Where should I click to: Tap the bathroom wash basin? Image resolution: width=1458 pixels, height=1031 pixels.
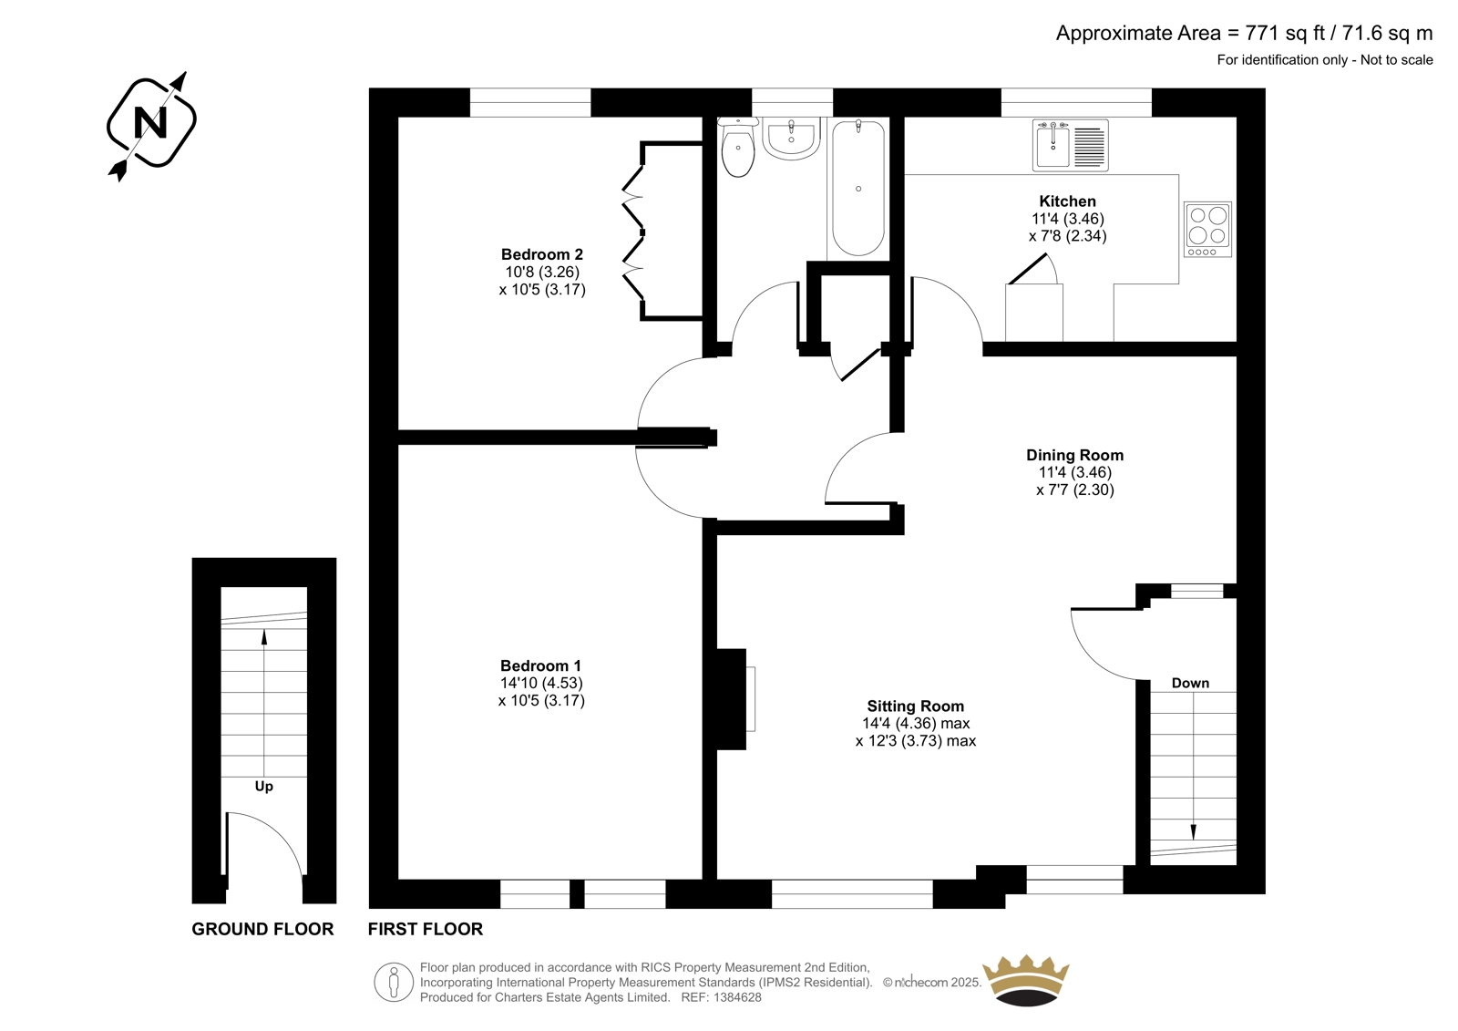pos(791,138)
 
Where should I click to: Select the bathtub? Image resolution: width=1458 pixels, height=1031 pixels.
pos(857,188)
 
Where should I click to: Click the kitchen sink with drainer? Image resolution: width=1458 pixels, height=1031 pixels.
pos(1070,145)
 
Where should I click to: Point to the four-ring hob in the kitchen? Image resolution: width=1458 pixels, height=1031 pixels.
pos(1207,229)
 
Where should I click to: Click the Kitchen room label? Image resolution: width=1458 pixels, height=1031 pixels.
pos(1067,201)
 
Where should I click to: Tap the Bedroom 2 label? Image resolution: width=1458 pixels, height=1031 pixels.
pos(542,254)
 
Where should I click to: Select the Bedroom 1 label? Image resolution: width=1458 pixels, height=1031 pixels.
pos(540,665)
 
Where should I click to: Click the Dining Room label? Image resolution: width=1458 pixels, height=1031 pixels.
pos(1074,455)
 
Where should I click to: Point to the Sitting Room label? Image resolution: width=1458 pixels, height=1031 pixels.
pos(915,706)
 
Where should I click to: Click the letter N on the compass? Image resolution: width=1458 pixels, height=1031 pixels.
pos(150,122)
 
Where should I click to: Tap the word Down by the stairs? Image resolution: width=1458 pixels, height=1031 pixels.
pos(1190,683)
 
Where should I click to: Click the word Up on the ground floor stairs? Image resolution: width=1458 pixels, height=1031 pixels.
pos(263,787)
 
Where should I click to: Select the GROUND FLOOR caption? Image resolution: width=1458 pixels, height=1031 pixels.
pos(262,930)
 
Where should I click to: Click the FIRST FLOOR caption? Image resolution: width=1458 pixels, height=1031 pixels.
pos(425,930)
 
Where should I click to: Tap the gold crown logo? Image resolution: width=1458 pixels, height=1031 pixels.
pos(1026,980)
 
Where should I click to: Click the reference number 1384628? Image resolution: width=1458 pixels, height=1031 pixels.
pos(736,997)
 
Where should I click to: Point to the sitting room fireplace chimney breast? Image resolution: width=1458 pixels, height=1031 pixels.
pos(732,699)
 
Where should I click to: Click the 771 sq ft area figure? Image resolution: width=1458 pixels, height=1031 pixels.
pos(1285,33)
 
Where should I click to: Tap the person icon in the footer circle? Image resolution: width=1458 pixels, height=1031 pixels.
pos(393,982)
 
